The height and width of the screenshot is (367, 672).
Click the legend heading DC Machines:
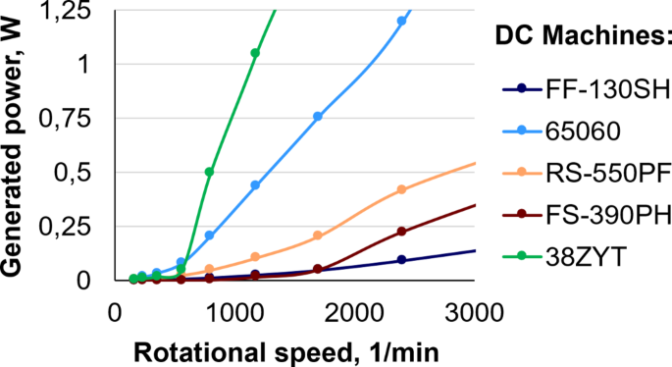[581, 37]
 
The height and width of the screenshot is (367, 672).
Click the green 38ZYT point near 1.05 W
[255, 53]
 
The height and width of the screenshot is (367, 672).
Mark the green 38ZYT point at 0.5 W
[209, 172]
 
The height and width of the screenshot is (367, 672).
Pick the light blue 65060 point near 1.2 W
[401, 21]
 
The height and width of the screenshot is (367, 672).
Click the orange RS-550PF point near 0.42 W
[401, 189]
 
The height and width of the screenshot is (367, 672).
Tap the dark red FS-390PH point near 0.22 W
[401, 232]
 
